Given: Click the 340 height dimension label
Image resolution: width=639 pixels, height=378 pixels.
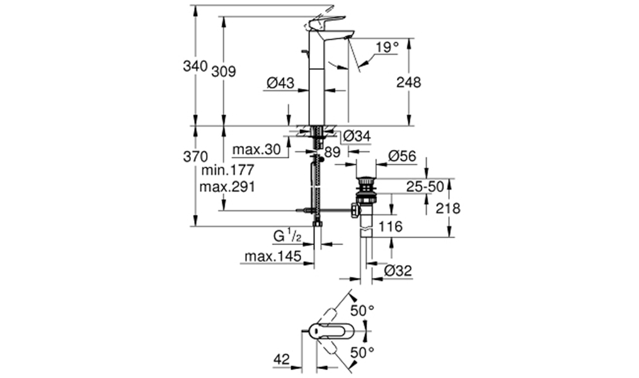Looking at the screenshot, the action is pos(195,66).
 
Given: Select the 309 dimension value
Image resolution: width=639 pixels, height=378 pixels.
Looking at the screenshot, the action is pos(223,72).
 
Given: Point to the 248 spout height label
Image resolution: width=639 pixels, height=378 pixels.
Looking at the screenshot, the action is pos(409,83).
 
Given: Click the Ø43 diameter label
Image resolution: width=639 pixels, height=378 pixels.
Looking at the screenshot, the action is pos(280,83).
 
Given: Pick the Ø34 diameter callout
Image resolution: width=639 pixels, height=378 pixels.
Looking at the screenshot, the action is pos(357,137).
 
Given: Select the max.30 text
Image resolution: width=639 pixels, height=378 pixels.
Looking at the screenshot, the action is pos(256,149).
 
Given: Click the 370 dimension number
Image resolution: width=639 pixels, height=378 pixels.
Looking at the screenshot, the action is pos(195,156).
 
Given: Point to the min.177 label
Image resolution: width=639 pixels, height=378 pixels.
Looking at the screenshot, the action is pos(227,169).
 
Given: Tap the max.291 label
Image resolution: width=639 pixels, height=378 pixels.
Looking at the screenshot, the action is pos(227,187).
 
